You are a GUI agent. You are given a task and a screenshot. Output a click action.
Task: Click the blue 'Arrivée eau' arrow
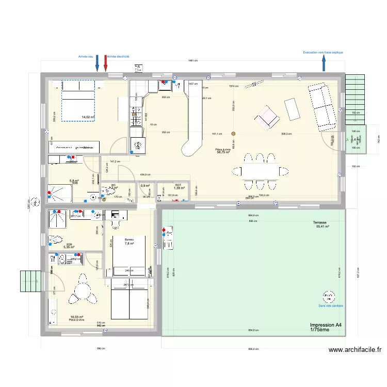[x=96, y=63]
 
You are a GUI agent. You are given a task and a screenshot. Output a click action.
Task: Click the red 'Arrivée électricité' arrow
[x=106, y=63]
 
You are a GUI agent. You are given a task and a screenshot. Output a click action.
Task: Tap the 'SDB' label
[x=69, y=244]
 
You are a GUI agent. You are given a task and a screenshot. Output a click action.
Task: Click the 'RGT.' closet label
[x=178, y=185]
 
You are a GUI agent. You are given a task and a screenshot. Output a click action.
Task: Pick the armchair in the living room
[x=266, y=117]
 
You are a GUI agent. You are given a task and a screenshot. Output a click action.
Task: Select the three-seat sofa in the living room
[x=322, y=107]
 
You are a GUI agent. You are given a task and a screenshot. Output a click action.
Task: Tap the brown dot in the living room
[x=233, y=134]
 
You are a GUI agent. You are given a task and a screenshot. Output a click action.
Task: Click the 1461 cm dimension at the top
[x=193, y=61]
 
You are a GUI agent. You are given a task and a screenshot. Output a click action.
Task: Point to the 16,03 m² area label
[x=77, y=317]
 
